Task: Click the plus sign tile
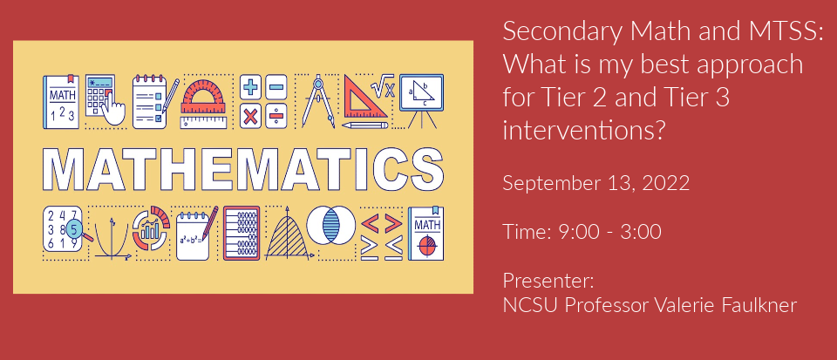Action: tap(252, 87)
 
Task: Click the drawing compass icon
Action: tap(318, 101)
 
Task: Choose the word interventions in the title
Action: tap(584, 130)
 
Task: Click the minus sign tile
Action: tap(276, 87)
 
